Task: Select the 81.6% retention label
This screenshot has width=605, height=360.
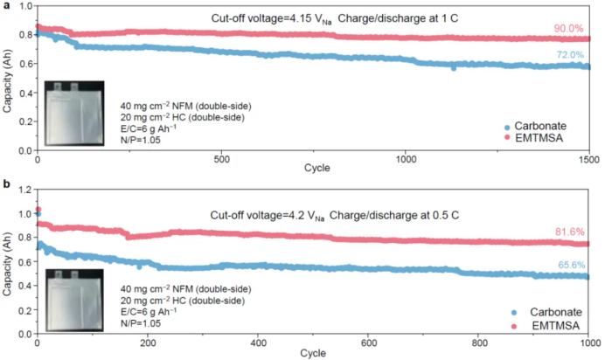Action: tap(571, 232)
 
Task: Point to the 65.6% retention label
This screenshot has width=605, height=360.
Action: tap(571, 264)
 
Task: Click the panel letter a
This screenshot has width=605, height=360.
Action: tap(6, 6)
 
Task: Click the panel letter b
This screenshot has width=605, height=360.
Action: tap(6, 184)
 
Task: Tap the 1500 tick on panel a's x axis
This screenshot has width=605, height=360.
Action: tap(589, 159)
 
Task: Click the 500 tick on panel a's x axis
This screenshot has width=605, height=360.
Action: tap(221, 159)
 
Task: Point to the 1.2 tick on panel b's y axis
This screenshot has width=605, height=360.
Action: tap(24, 190)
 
